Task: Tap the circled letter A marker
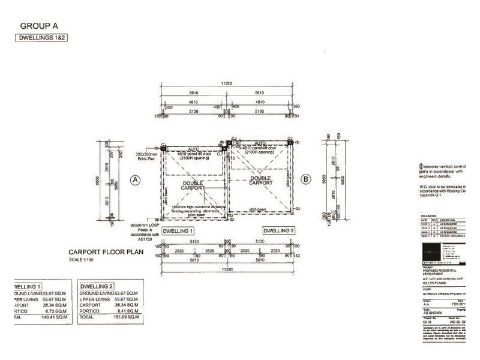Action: (x=135, y=179)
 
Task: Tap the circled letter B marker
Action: (x=305, y=178)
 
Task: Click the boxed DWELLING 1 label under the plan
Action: (x=178, y=231)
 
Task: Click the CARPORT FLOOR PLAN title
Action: (x=106, y=253)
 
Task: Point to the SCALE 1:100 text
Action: (x=85, y=260)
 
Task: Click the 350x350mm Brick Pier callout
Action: (x=142, y=157)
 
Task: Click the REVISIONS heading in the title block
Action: (x=429, y=214)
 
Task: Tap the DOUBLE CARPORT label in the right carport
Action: (x=261, y=179)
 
